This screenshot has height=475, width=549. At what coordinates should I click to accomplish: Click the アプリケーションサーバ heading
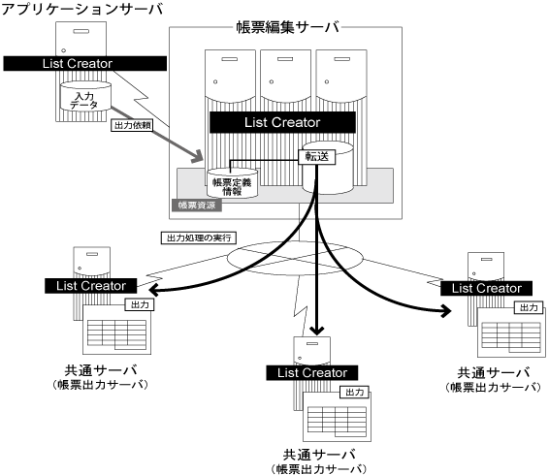[x=82, y=9]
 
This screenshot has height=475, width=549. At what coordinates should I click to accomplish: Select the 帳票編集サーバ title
[x=288, y=27]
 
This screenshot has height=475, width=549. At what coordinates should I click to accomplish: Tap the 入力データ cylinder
[x=85, y=97]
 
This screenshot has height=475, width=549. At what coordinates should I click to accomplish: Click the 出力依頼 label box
[x=132, y=125]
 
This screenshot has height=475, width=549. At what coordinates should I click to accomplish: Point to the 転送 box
[x=316, y=157]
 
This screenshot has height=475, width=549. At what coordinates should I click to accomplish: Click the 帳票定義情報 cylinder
[x=232, y=183]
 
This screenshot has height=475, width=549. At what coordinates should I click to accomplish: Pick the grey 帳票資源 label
[x=197, y=206]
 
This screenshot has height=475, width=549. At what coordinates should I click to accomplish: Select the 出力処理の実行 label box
[x=199, y=238]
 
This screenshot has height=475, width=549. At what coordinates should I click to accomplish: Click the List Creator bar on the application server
[x=85, y=64]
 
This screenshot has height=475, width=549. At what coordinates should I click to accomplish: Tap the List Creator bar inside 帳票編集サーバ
[x=282, y=122]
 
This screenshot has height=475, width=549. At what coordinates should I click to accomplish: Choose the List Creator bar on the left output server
[x=90, y=286]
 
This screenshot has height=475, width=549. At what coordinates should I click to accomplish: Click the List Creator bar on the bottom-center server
[x=312, y=373]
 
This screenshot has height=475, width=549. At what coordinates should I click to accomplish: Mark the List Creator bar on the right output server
[x=486, y=288]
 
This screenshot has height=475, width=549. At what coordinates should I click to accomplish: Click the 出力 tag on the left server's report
[x=140, y=305]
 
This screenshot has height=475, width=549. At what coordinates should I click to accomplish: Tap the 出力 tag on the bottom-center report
[x=354, y=393]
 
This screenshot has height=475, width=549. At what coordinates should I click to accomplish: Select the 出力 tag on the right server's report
[x=529, y=307]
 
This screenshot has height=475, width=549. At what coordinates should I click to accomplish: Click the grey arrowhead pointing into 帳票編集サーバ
[x=198, y=156]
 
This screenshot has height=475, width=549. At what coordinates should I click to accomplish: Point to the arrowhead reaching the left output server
[x=154, y=290]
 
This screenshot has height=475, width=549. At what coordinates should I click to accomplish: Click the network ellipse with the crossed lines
[x=295, y=258]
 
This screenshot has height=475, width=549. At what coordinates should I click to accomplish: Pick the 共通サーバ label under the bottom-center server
[x=319, y=455]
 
